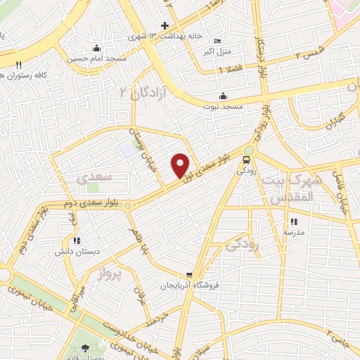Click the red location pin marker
click(181, 165)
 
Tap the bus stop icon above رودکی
click(245, 160)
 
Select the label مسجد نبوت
click(224, 105)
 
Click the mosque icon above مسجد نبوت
click(224, 96)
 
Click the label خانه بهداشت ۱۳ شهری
click(166, 35)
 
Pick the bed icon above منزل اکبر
click(217, 40)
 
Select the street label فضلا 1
click(231, 70)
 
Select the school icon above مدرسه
click(293, 221)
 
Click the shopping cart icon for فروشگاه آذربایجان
click(189, 275)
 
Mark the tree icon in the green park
click(86, 348)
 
